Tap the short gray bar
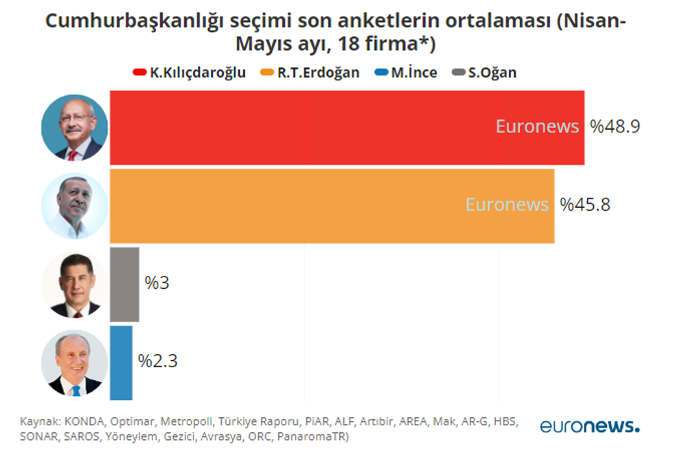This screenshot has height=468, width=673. click(x=124, y=284)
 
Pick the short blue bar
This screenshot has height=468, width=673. click(x=121, y=362)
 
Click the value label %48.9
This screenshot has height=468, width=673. click(x=615, y=127)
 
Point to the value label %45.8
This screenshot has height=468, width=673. click(x=585, y=205)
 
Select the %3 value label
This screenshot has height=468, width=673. click(x=157, y=283)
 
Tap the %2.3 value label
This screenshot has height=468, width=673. click(x=158, y=362)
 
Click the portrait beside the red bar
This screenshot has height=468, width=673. click(x=74, y=128)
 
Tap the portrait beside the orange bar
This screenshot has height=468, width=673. click(x=74, y=206)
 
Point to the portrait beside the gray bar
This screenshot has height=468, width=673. click(x=74, y=284)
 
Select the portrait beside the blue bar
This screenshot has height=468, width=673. click(x=74, y=362)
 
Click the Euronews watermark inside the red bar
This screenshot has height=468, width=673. click(x=537, y=127)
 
